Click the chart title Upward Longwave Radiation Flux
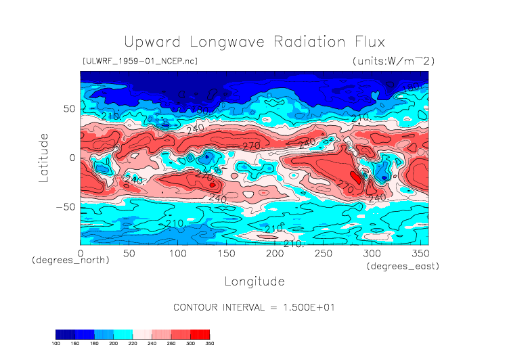[254, 41]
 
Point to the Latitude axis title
[45, 157]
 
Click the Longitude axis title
[254, 281]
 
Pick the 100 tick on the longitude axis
[178, 253]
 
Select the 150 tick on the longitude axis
[226, 253]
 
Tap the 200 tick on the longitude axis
[275, 253]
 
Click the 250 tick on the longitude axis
[324, 253]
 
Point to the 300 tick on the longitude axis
[372, 253]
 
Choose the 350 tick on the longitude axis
[420, 253]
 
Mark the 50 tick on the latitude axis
[69, 108]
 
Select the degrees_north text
[70, 261]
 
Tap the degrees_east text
[403, 267]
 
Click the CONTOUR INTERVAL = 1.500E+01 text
[254, 307]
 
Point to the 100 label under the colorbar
[58, 344]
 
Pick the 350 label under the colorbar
[209, 344]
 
